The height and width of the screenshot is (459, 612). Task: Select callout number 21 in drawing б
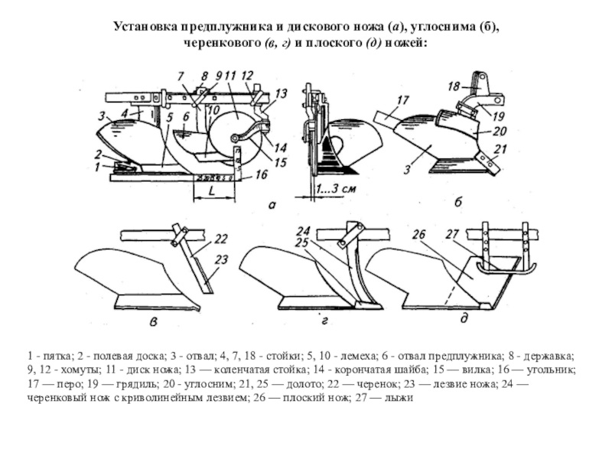pyautogui.click(x=500, y=148)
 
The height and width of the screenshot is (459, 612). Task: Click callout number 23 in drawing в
pyautogui.click(x=222, y=261)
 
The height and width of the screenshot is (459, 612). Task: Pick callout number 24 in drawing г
pyautogui.click(x=304, y=230)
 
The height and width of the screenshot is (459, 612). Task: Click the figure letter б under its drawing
pyautogui.click(x=458, y=203)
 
